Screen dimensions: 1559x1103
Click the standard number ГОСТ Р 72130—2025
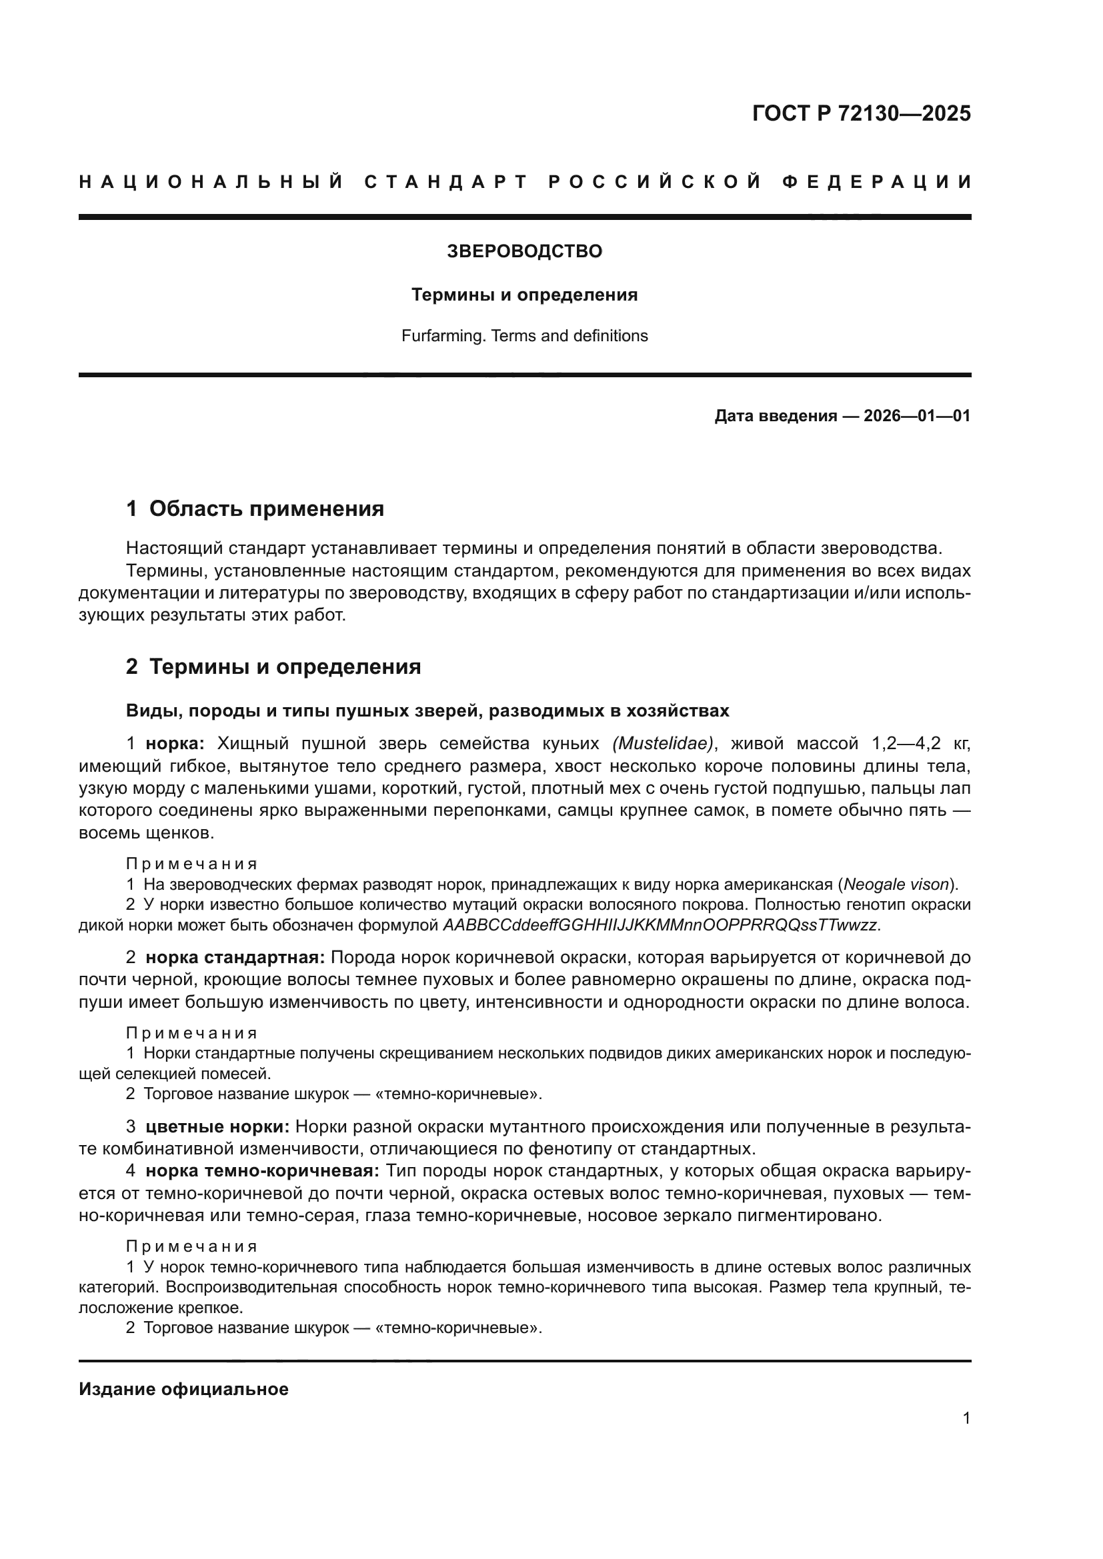click(x=861, y=113)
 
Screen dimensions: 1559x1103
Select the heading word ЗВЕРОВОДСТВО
click(x=524, y=251)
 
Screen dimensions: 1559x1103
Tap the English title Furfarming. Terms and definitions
click(x=524, y=336)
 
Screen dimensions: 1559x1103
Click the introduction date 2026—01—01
click(x=917, y=415)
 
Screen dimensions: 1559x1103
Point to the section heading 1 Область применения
click(x=255, y=509)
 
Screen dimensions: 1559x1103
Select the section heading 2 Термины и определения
click(x=273, y=667)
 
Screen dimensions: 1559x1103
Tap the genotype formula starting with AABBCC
click(x=660, y=925)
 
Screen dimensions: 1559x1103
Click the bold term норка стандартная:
click(x=235, y=958)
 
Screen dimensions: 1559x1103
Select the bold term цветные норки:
click(x=217, y=1127)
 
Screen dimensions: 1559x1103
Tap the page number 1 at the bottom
click(x=966, y=1418)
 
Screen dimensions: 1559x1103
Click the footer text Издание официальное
click(x=183, y=1389)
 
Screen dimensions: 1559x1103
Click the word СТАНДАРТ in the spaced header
click(x=445, y=182)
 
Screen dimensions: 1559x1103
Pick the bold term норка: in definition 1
click(x=175, y=744)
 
